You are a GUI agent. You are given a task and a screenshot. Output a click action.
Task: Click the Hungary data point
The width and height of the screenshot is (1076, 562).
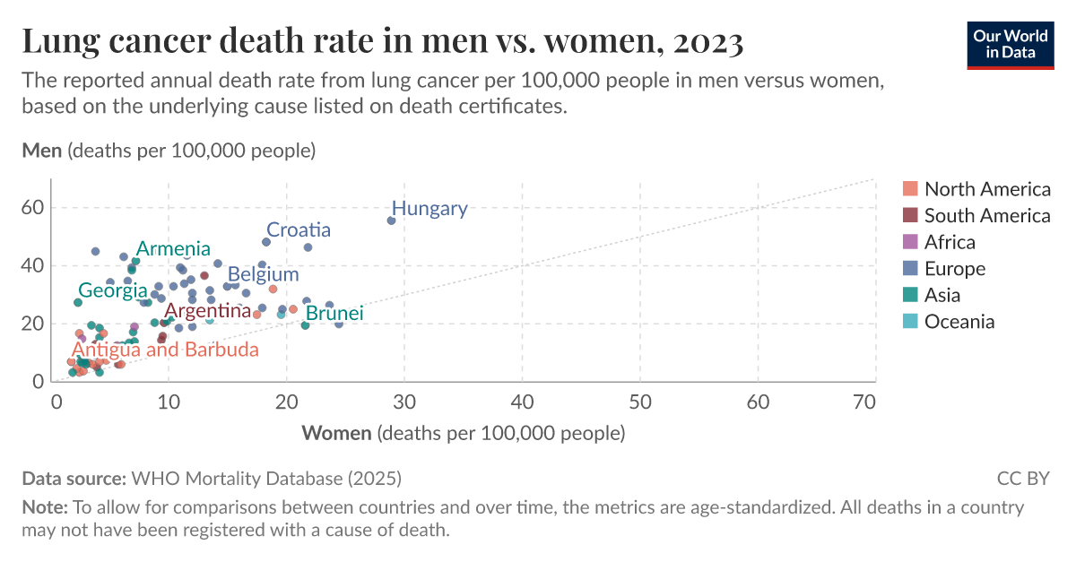(391, 220)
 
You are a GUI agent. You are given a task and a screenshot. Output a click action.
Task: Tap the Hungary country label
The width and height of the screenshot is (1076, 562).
(430, 209)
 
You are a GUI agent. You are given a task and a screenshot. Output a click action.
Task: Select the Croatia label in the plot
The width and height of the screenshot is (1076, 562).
(299, 230)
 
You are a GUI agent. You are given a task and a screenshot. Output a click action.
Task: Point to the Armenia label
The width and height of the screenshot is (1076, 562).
(173, 249)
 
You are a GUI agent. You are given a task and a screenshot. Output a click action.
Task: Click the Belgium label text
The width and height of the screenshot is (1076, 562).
(263, 274)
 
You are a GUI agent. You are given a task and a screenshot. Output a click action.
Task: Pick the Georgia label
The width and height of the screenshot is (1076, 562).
(112, 290)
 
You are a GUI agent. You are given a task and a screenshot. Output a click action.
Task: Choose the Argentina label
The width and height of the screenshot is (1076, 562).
(207, 311)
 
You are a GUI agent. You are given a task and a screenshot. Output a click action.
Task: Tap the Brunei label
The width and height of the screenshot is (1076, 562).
(334, 314)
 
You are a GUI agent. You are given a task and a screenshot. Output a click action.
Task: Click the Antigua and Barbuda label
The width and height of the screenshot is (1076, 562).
(165, 350)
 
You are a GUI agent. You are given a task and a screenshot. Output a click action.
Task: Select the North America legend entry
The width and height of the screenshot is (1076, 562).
(986, 189)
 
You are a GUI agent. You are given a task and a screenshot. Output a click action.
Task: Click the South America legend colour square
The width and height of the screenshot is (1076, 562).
(910, 215)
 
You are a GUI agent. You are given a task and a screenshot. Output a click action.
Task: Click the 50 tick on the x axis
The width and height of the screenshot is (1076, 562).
(640, 403)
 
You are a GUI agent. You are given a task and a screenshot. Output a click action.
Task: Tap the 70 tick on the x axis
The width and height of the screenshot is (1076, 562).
(863, 403)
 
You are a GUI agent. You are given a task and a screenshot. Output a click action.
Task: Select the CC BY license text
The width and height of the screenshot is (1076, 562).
(1022, 478)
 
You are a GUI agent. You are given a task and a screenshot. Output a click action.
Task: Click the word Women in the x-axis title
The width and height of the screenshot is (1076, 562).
(336, 434)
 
